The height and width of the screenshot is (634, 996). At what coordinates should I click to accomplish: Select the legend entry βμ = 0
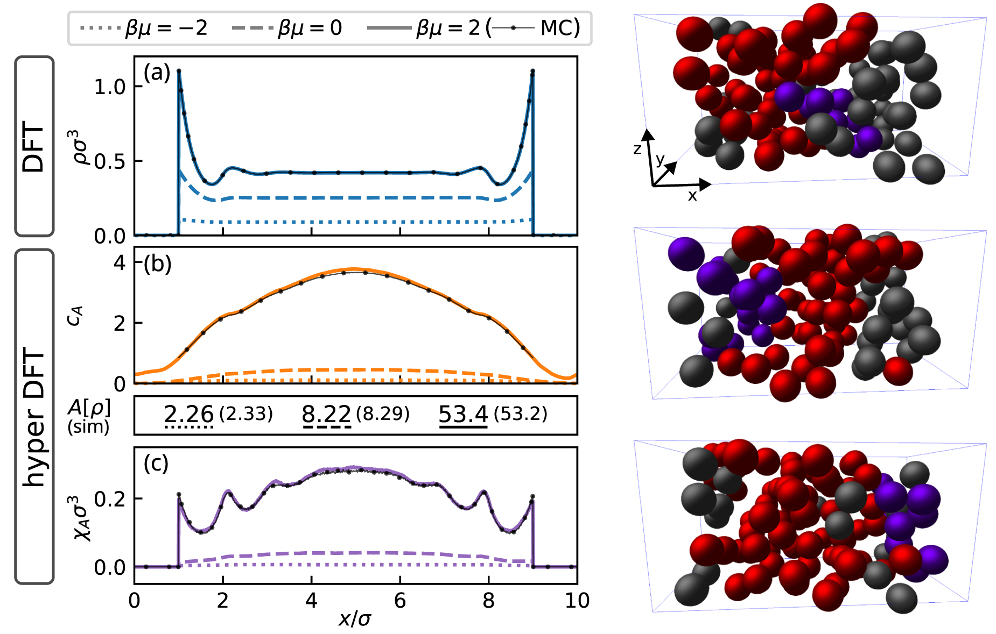pos(287,27)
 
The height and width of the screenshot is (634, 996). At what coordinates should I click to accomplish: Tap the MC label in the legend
pos(560,27)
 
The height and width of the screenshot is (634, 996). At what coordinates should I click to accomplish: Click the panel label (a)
pos(157,72)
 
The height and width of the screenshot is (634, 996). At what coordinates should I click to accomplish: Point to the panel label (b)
pos(157,264)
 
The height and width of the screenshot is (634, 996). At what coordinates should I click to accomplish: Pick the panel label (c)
pos(156,463)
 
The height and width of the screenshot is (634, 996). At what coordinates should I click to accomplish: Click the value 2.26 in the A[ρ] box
pos(189,414)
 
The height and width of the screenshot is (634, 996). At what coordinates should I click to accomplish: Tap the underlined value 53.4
pos(463,414)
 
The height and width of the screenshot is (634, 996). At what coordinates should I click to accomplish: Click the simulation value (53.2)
pos(521,414)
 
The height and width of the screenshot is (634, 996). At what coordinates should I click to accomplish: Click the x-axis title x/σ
pos(355,619)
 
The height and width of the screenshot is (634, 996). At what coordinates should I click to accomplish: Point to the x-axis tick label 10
pos(577,601)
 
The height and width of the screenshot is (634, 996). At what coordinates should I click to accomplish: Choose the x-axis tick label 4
pos(311,601)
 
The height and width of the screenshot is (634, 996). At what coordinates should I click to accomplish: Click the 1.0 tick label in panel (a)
pos(110,87)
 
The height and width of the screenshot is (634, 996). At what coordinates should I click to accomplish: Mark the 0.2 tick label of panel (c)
pos(110,498)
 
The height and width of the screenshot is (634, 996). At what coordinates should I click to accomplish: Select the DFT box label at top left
pos(33,146)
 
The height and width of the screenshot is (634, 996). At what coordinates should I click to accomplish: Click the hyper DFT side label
pos(34,417)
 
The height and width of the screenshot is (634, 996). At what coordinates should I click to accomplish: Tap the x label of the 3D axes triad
pos(692,196)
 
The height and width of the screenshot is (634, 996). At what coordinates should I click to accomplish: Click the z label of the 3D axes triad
pos(637,149)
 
